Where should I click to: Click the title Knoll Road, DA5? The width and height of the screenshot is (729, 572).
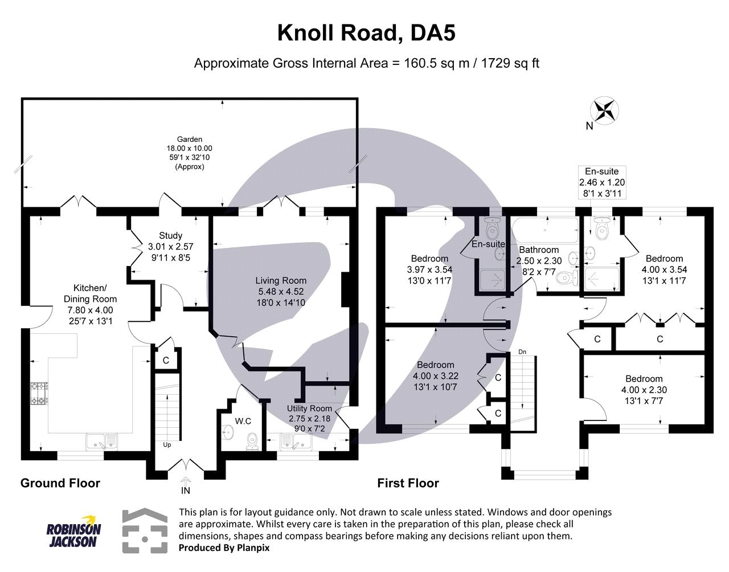pos(366,34)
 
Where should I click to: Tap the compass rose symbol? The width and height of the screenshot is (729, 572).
pos(604,109)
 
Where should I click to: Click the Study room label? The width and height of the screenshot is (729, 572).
pos(170,235)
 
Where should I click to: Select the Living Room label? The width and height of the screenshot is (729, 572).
pos(280,280)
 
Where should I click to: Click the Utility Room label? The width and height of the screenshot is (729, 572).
pos(309,408)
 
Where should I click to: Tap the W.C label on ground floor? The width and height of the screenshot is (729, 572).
pos(243,422)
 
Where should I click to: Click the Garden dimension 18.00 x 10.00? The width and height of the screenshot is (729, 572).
pos(190,148)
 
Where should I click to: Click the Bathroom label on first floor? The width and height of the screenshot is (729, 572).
pos(538,250)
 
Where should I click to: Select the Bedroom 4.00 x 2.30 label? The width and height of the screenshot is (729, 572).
pos(644,379)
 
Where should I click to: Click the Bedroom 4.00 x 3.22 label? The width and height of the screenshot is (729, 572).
pos(436,365)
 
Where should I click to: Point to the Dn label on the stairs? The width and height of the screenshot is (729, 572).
pos(522,352)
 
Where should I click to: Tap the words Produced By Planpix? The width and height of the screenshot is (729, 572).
pos(224,548)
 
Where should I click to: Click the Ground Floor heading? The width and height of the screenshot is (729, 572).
pos(60,483)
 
